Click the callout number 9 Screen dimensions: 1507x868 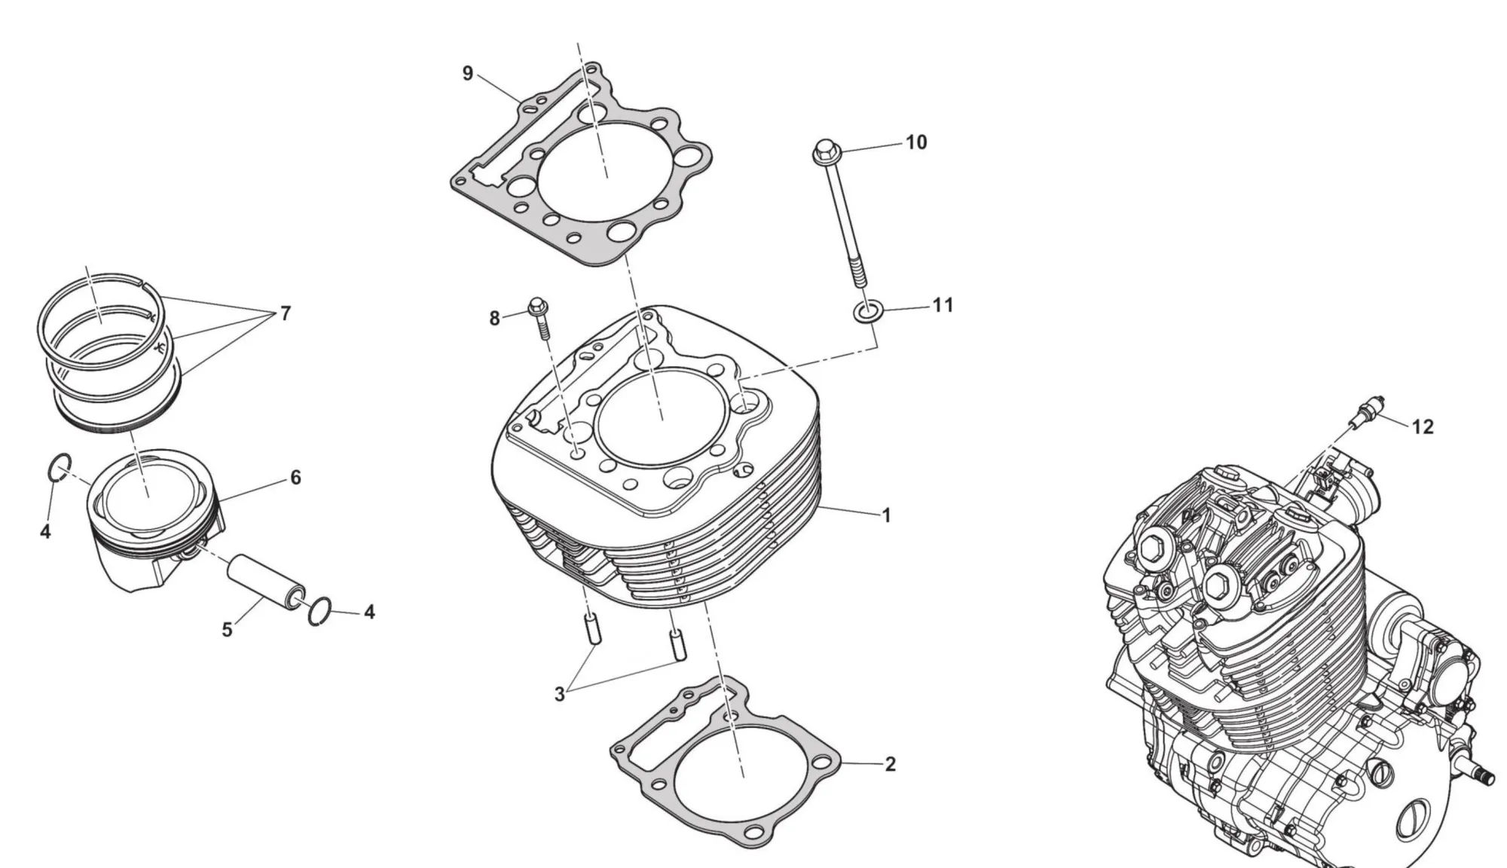point(468,74)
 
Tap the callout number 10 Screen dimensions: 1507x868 point(916,142)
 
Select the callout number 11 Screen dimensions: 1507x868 point(943,305)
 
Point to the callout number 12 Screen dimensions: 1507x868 point(1423,427)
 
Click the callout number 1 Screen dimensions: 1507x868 point(887,515)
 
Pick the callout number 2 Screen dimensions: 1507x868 point(890,764)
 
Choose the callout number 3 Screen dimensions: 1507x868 point(559,695)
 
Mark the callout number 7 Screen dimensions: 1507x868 point(285,313)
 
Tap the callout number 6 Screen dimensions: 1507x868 point(295,477)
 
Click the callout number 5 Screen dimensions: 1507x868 point(227,630)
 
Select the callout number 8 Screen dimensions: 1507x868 point(494,319)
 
